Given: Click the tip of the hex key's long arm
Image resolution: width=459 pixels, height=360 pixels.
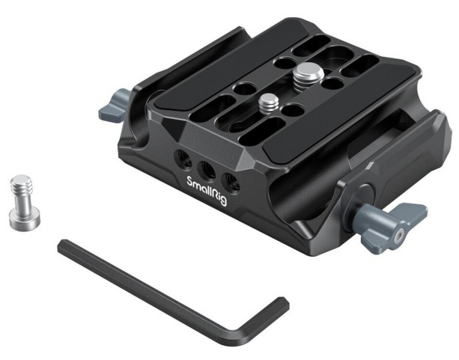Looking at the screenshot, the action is pyautogui.click(x=60, y=246).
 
